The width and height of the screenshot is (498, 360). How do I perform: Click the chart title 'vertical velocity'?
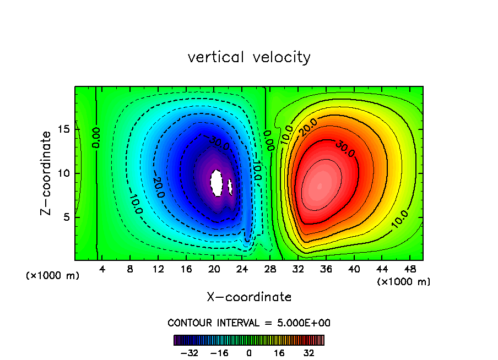tap(249, 57)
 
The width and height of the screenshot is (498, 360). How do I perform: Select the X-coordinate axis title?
tap(249, 297)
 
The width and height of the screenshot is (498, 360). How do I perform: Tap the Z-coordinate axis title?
tap(48, 173)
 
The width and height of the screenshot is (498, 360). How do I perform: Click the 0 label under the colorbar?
tap(249, 353)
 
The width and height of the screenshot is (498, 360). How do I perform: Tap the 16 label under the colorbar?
tap(278, 353)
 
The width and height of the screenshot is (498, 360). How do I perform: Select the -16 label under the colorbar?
tap(219, 353)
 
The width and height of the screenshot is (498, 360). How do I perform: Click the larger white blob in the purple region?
tap(216, 183)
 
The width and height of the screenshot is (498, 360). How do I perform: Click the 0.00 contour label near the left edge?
tap(96, 137)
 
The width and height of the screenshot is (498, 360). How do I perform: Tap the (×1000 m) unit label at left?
tap(53, 276)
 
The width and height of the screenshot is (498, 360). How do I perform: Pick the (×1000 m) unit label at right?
tap(404, 282)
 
